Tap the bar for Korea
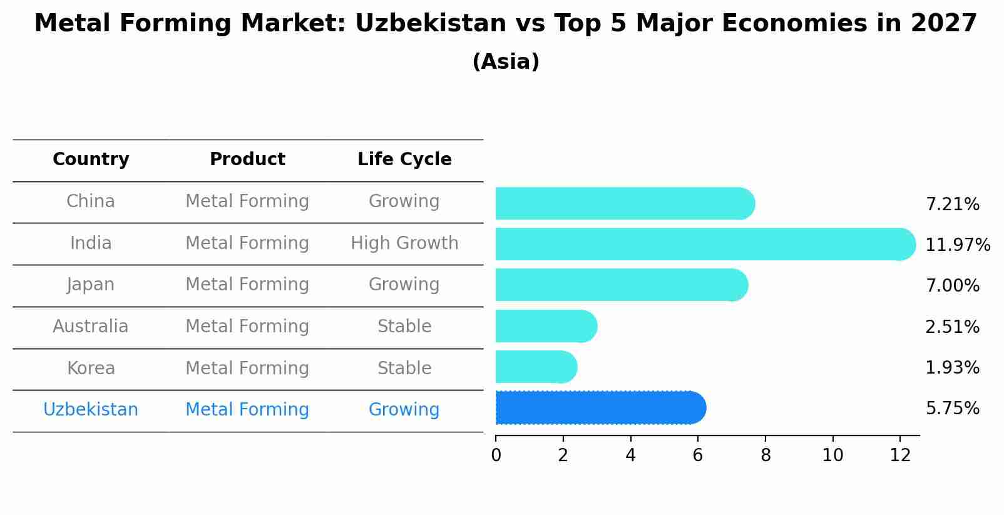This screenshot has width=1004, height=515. click(x=535, y=367)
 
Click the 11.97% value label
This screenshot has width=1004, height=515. click(x=957, y=245)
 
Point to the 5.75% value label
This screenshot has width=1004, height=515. click(x=952, y=409)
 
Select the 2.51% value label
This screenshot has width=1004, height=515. click(x=952, y=327)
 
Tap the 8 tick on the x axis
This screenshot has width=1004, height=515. click(x=766, y=456)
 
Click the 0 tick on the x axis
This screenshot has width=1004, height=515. click(x=496, y=456)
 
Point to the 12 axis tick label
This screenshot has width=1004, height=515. click(x=900, y=456)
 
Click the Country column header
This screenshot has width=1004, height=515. click(x=91, y=160)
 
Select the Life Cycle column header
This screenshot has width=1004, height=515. click(x=404, y=160)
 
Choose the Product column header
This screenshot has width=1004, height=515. click(x=247, y=160)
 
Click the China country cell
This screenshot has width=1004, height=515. click(x=91, y=201)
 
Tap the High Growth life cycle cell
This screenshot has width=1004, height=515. click(x=404, y=243)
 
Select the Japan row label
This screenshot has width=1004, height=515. click(x=91, y=285)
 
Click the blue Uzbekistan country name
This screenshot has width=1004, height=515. click(x=91, y=410)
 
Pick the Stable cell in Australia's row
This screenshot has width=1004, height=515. click(x=404, y=327)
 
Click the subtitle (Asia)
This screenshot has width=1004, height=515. click(x=506, y=62)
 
